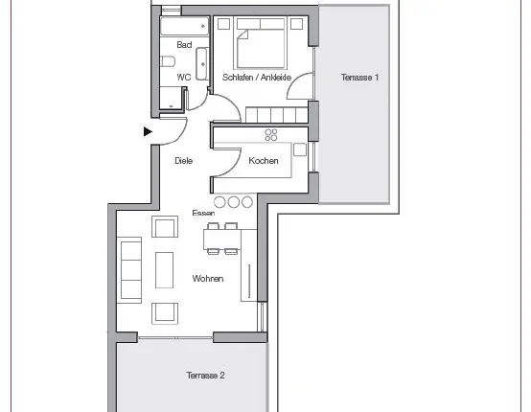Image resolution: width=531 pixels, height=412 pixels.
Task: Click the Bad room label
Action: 184,45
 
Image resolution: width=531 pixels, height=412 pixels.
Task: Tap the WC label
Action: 184,78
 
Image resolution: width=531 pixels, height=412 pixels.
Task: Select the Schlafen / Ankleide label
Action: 257,78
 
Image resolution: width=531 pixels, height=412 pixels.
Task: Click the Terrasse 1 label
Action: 359,78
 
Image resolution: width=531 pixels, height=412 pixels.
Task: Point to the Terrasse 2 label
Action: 205,375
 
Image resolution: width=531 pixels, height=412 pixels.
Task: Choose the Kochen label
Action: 264,160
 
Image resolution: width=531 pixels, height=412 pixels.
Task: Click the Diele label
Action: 183,160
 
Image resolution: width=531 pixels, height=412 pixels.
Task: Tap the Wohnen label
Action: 208,278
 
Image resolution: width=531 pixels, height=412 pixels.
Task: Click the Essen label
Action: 203,213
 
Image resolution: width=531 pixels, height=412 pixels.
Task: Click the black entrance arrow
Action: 148,131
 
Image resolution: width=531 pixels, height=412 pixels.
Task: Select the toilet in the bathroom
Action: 168,61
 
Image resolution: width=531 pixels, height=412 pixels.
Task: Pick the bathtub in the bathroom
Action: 185,26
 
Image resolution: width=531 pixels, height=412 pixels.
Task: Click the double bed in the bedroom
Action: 261,44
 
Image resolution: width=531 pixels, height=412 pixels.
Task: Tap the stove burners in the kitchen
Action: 271,135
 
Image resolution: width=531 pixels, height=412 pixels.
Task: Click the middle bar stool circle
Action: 233,202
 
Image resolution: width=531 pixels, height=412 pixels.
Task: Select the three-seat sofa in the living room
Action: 129,270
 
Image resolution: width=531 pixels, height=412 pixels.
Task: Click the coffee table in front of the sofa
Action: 164,270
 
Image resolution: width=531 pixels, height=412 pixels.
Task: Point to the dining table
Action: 222,240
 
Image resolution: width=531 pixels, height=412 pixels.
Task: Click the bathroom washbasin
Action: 202,64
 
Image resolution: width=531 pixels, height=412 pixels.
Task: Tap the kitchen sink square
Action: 300,149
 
